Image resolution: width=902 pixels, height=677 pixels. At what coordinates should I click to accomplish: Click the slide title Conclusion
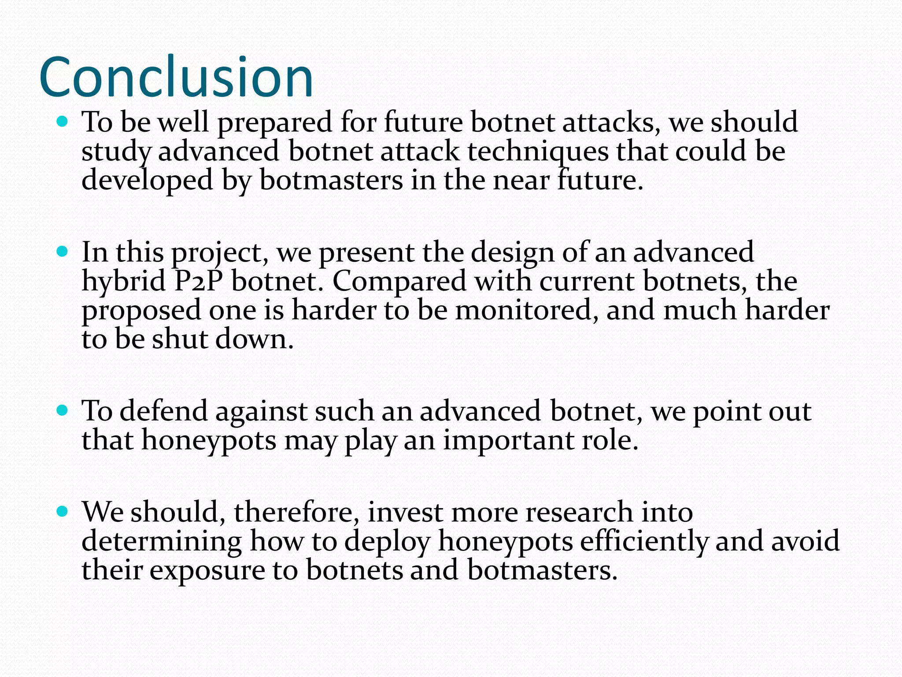coord(176,77)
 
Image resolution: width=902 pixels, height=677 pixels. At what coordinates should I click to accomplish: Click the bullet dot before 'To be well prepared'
coord(63,121)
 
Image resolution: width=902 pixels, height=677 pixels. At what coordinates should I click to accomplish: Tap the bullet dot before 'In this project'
coord(63,252)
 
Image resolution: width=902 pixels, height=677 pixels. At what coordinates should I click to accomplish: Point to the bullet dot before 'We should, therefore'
coord(63,511)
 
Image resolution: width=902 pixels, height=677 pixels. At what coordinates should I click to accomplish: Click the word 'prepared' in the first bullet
coord(275,123)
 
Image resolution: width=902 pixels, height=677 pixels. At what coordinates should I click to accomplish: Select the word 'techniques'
coord(538,152)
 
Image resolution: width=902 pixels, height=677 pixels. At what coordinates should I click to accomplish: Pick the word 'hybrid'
coord(123,281)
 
